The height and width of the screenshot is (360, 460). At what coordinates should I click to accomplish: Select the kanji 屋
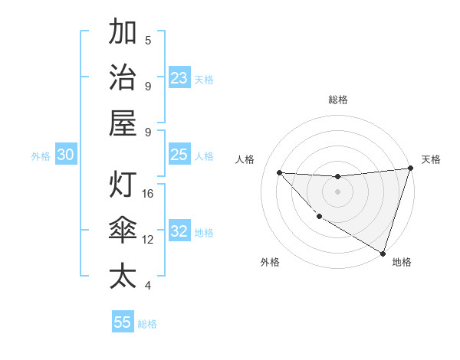pos(123,123)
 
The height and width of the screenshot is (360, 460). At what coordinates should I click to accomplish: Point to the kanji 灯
pos(123,186)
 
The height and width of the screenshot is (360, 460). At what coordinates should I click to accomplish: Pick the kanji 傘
pos(123,231)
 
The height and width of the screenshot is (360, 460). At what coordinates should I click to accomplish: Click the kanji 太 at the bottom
pos(123,276)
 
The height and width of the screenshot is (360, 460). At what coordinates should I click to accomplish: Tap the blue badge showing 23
pos(179,78)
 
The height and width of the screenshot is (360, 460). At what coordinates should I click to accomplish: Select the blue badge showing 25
pos(179,155)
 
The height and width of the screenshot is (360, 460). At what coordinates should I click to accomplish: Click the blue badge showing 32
pos(179,232)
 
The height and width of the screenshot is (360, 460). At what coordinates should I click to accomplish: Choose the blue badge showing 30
pos(65,155)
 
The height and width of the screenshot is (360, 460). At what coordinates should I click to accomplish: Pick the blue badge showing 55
pos(123,322)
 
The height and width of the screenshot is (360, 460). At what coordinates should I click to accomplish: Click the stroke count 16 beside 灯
pos(149,194)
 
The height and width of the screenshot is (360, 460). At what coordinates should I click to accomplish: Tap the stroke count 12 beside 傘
pos(149,240)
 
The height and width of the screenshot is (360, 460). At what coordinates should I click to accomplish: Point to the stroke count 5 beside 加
pos(148,40)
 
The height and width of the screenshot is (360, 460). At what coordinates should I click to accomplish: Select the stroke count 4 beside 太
pos(148,286)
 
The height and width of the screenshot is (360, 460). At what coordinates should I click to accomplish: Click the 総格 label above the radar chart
pos(337,100)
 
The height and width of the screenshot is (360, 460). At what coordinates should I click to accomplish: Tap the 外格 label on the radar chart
pos(270,262)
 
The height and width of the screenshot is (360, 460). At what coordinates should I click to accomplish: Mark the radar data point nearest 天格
pos(410,169)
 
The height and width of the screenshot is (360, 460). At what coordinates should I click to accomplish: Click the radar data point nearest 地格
pos(383,253)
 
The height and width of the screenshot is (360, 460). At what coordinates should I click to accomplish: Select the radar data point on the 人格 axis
pos(279,172)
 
